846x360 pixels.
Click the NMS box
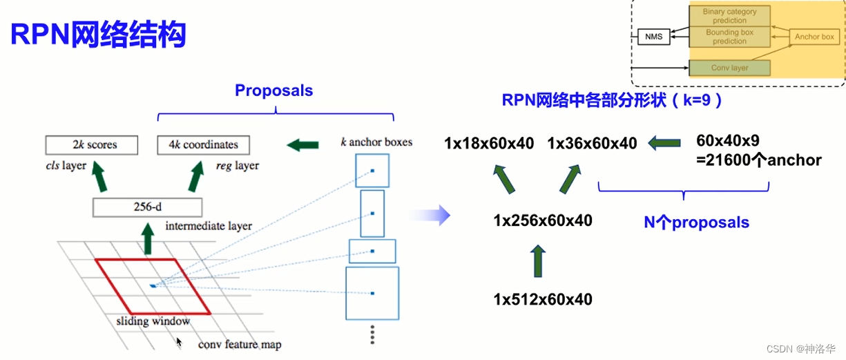coord(654,37)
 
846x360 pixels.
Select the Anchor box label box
coord(814,37)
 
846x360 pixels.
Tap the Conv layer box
coord(730,68)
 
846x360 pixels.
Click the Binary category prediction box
coord(730,16)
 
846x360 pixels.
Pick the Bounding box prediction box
coord(730,37)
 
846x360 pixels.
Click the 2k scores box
coord(92,145)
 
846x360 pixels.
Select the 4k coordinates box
coord(204,145)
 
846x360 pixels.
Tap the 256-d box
coord(147,207)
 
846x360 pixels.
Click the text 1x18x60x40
coord(489,144)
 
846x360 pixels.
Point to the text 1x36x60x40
coord(593,144)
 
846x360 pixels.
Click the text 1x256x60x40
coord(543,220)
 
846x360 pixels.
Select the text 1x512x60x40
coord(543,300)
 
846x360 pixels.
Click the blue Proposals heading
coord(273,91)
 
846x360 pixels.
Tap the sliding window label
coord(153,321)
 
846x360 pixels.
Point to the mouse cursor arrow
coord(179,343)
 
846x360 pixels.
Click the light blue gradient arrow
coord(430,216)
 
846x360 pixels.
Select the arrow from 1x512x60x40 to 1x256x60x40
coord(538,261)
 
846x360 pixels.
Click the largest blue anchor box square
coord(372,294)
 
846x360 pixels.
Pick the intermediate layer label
coord(209,226)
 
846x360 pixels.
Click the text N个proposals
coord(696,222)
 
